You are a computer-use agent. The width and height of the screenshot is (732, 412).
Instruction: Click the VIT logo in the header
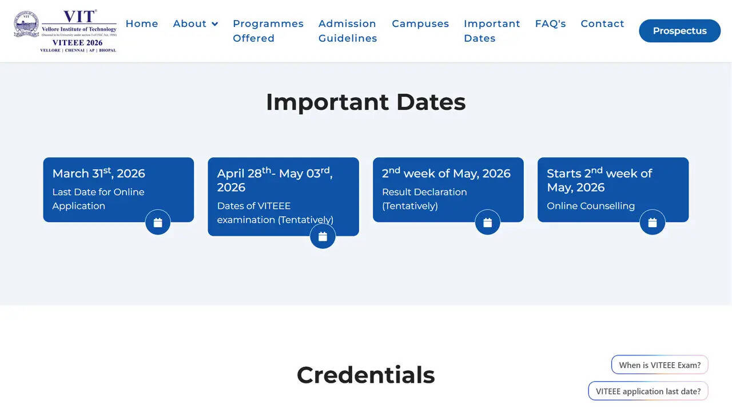click(65, 31)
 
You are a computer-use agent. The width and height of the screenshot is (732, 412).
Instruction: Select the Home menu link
click(142, 23)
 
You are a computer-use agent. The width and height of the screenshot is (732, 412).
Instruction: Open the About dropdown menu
click(196, 23)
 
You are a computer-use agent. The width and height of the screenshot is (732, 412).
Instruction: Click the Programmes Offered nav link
click(268, 31)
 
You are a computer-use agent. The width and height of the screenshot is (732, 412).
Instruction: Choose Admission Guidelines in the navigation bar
click(348, 31)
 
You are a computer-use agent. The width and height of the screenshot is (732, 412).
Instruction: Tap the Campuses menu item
click(420, 23)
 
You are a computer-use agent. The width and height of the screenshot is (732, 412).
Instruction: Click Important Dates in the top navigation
click(492, 31)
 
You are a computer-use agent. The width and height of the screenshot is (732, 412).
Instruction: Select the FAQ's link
click(550, 23)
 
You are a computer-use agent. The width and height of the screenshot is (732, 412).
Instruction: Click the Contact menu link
click(602, 23)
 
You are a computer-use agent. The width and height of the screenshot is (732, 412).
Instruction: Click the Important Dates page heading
click(365, 102)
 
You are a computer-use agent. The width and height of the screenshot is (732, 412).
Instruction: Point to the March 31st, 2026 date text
click(98, 173)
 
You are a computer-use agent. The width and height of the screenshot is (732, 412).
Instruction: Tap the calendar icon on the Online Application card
click(158, 223)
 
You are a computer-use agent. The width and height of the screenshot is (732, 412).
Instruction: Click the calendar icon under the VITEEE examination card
click(323, 236)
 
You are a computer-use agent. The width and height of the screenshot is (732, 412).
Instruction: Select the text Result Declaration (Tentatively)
click(424, 199)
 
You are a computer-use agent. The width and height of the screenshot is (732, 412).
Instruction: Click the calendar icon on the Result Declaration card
click(487, 223)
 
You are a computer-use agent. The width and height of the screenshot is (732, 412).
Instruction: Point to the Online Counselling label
click(590, 206)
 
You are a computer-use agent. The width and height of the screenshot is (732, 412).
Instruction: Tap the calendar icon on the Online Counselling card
click(653, 223)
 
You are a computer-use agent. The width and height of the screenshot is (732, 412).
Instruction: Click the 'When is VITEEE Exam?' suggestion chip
click(659, 365)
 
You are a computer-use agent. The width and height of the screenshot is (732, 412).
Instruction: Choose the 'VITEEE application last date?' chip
click(648, 391)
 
